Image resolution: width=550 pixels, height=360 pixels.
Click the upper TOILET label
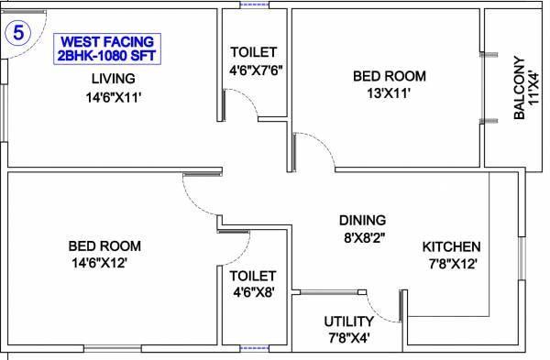point(253,51)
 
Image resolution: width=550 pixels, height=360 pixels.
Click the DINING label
point(362,220)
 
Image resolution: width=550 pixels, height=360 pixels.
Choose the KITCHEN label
point(451,247)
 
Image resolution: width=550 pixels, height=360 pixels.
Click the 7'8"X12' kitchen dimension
point(451,265)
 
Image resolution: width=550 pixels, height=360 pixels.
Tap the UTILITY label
point(348,322)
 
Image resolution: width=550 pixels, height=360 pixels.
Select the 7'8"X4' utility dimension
point(348,339)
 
